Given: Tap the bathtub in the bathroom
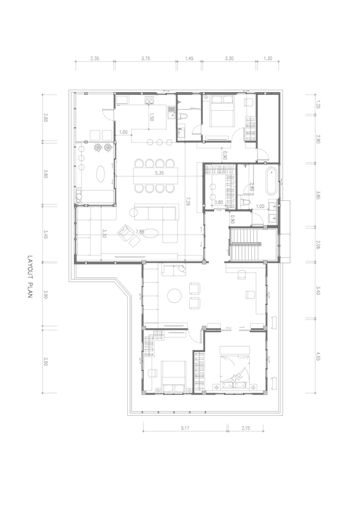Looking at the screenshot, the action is [271, 181].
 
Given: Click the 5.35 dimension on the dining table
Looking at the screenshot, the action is [159, 173].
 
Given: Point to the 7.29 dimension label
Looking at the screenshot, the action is [188, 201].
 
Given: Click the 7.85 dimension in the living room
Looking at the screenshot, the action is [140, 232].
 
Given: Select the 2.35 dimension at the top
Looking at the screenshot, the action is [94, 58].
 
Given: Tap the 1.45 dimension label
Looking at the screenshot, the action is [189, 58].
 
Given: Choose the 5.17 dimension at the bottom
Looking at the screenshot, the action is [185, 428].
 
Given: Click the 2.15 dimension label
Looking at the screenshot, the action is [245, 428].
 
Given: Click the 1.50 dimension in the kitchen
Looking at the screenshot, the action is [152, 117].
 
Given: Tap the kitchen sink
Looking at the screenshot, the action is [171, 112].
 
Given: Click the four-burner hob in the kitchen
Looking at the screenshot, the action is [150, 100].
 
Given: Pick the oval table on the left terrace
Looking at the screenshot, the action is [101, 173].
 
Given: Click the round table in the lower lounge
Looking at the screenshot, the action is [174, 295].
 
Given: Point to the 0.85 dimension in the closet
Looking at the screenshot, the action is [219, 202].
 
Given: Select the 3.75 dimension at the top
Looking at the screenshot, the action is [146, 58].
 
